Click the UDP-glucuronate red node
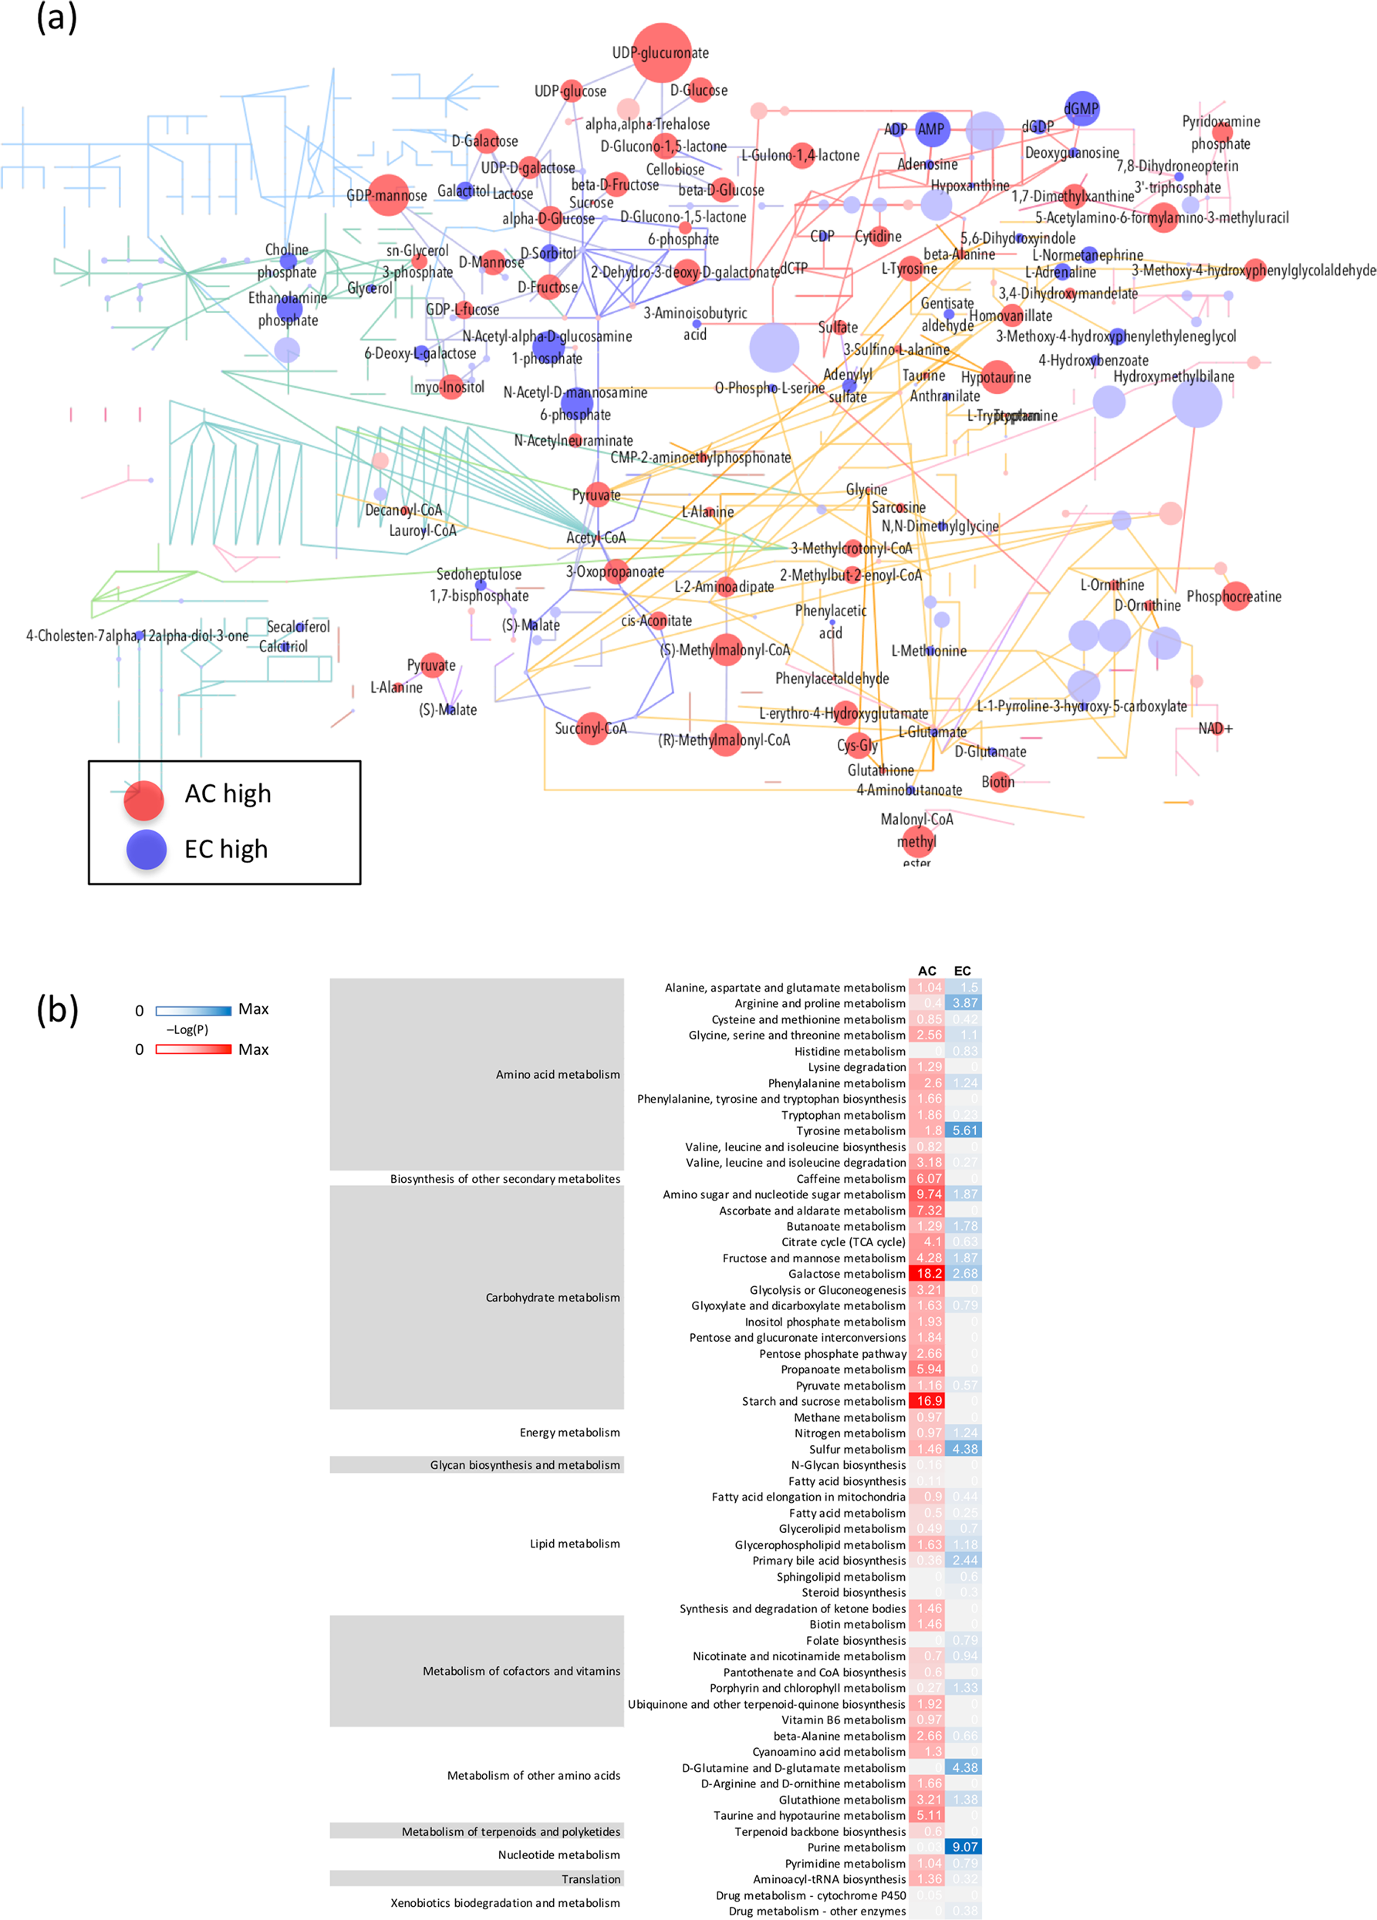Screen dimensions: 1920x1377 click(x=661, y=52)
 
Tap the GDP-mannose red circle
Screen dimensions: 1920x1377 click(x=389, y=195)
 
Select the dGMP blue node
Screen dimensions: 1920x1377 click(x=1082, y=109)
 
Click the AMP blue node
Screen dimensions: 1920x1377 click(x=932, y=129)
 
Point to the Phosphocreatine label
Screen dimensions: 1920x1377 click(x=1234, y=596)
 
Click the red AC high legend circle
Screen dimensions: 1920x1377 click(x=144, y=800)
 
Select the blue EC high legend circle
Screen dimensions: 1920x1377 click(x=147, y=849)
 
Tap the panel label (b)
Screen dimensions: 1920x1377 click(x=57, y=1010)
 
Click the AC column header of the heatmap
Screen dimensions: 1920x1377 click(x=927, y=971)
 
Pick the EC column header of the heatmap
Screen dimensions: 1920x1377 click(x=962, y=971)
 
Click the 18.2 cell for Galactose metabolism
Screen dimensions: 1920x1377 click(x=928, y=1273)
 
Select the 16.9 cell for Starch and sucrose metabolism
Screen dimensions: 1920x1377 click(x=928, y=1401)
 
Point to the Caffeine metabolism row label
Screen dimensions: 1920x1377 click(x=850, y=1178)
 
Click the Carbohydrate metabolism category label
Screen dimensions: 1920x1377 click(x=552, y=1297)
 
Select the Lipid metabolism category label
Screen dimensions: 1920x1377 click(x=574, y=1543)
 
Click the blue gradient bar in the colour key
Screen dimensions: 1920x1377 click(x=193, y=1011)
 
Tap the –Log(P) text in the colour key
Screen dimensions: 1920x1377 click(x=187, y=1029)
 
